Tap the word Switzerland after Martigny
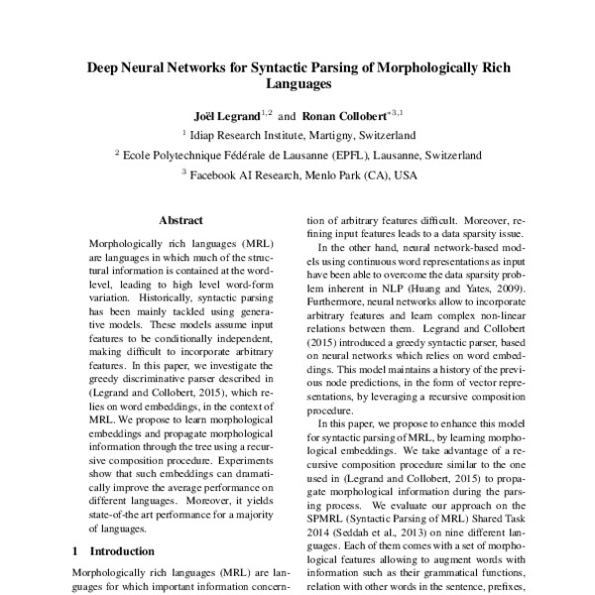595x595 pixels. [x=383, y=134]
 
